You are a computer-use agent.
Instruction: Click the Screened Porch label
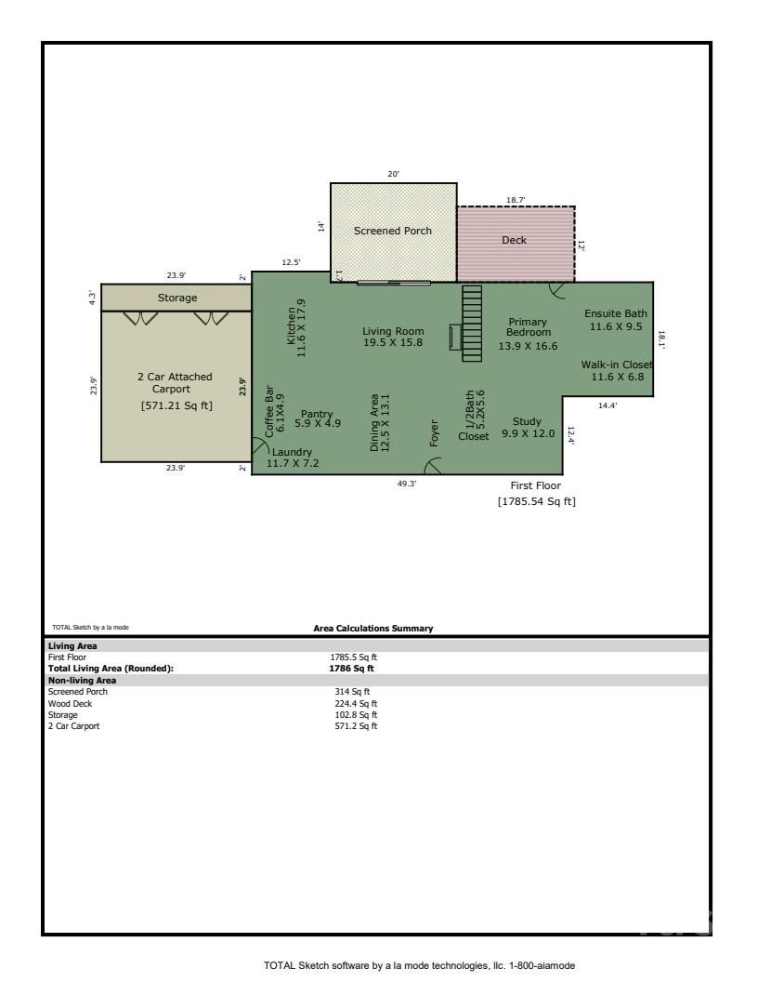click(392, 231)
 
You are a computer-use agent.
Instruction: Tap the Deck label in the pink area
click(514, 240)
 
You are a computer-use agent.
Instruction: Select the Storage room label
click(176, 298)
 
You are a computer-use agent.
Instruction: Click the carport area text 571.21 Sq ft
click(176, 405)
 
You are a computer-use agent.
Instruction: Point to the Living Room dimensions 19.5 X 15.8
click(392, 343)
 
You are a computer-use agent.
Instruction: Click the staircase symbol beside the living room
click(472, 323)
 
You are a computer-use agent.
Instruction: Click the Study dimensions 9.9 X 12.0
click(528, 433)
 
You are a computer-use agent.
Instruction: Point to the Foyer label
click(434, 434)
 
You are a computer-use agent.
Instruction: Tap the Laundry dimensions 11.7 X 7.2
click(292, 462)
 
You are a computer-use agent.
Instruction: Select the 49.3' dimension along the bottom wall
click(407, 484)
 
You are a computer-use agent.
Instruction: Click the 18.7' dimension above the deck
click(516, 200)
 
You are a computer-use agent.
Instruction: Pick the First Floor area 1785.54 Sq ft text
click(536, 502)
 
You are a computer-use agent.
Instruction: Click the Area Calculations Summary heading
click(372, 629)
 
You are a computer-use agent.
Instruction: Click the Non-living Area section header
click(82, 680)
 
